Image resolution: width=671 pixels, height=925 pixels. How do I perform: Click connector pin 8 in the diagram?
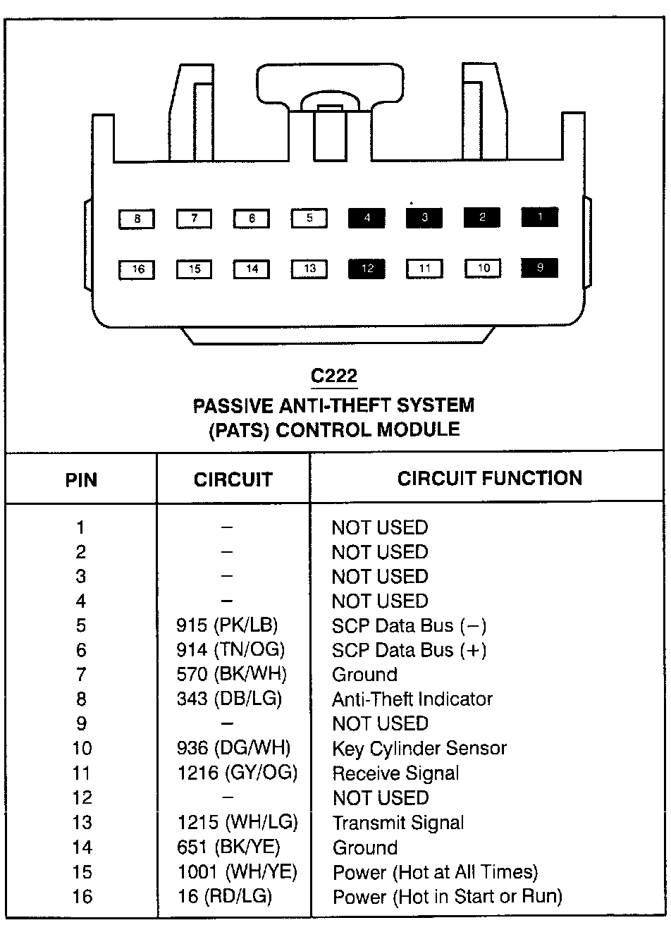tap(137, 219)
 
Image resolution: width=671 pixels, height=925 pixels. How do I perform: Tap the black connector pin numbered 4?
tap(367, 218)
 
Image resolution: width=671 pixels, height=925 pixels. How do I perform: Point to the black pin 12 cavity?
tap(367, 269)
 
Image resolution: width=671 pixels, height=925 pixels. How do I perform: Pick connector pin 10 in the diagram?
tap(483, 268)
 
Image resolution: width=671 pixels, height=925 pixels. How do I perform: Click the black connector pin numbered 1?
tap(539, 217)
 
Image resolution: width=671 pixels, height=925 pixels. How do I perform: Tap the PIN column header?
tap(81, 480)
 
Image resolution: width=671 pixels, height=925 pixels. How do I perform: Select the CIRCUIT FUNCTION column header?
tap(489, 479)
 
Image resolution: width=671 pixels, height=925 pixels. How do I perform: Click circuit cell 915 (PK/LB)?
tap(227, 625)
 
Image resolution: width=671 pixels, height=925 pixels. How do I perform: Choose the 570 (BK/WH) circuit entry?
tap(231, 674)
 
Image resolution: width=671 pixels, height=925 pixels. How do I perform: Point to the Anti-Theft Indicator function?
tap(412, 699)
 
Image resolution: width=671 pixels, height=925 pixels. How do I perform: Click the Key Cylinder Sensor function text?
tap(419, 748)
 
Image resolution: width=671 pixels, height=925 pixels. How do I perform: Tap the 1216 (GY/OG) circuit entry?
tap(237, 773)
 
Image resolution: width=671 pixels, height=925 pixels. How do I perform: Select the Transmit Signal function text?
tap(398, 823)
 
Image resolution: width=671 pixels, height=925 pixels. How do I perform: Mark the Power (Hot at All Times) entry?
tap(435, 872)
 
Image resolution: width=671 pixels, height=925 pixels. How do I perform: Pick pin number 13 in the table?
tap(82, 823)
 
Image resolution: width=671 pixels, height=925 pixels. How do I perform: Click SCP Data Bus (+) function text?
tap(409, 650)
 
